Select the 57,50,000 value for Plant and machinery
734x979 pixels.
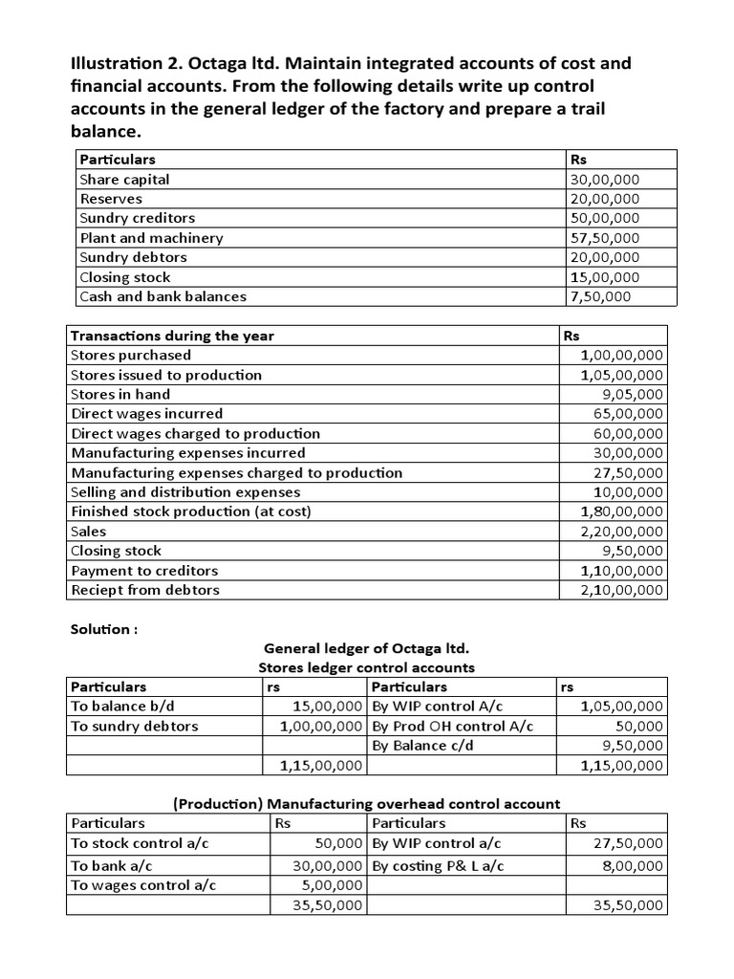604,238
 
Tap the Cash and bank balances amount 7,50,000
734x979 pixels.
599,296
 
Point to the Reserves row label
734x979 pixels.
111,199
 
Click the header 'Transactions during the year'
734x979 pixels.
172,336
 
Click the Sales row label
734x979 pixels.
89,531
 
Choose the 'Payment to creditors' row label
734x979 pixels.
144,570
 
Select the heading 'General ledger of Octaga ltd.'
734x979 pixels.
366,648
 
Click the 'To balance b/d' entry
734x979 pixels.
118,707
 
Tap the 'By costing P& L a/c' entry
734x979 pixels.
437,865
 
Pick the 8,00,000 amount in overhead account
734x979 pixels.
627,865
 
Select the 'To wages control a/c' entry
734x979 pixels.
143,884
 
